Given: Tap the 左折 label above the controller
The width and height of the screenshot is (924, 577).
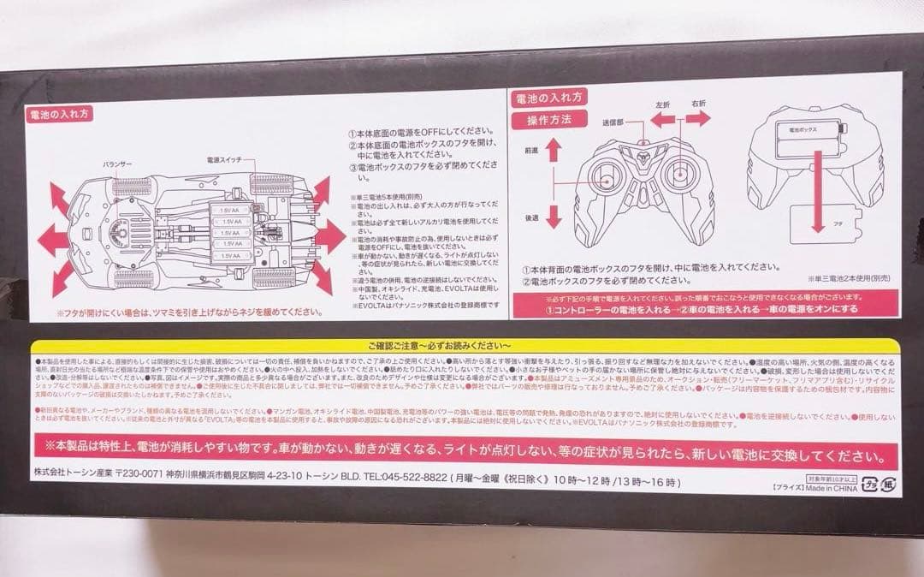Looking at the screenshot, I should pos(662,104).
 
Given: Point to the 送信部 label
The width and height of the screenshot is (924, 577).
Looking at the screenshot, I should pos(614,122).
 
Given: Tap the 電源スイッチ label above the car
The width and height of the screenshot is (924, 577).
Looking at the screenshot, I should pos(224,160).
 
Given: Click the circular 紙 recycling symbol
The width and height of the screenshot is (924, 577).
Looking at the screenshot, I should pos(885,483).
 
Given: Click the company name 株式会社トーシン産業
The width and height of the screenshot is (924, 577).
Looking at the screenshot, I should pos(80,478).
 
